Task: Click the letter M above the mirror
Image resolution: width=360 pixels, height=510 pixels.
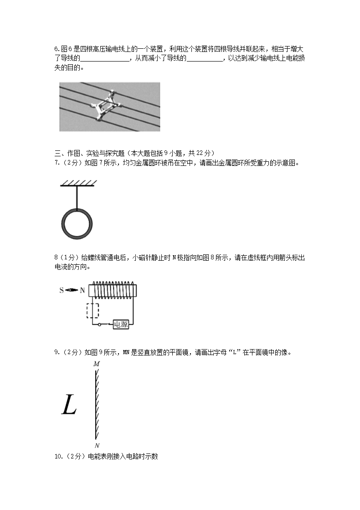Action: tap(96, 364)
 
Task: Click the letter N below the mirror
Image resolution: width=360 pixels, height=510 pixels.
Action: tap(97, 445)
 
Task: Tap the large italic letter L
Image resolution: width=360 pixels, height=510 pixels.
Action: tap(69, 405)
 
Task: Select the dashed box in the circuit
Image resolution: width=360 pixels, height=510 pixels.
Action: tap(93, 311)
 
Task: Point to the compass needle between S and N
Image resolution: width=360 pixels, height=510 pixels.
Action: tap(72, 290)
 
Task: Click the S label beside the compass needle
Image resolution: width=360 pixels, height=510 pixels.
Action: tap(62, 290)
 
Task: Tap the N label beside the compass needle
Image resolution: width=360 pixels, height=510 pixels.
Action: tap(82, 290)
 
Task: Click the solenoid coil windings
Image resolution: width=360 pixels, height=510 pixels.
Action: tap(114, 289)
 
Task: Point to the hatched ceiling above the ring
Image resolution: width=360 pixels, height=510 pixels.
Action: tap(78, 183)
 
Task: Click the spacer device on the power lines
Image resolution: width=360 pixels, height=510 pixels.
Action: tap(108, 105)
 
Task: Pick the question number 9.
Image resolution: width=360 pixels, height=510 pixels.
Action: tap(56, 352)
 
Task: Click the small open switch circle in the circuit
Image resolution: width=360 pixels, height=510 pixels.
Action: tap(100, 325)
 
